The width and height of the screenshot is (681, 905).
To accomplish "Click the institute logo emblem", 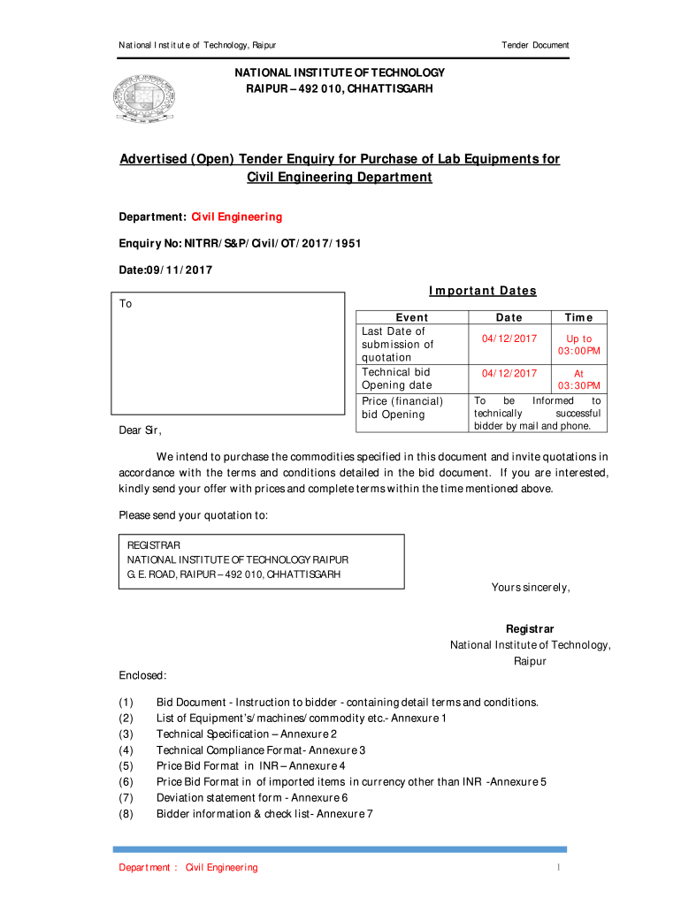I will tap(143, 97).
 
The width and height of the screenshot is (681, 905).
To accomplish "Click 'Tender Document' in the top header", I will tap(535, 45).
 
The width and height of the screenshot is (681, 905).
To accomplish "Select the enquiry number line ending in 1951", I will tap(240, 243).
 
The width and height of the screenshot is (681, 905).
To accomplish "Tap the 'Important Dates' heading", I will tap(482, 291).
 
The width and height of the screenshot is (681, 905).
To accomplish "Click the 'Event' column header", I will tap(411, 317).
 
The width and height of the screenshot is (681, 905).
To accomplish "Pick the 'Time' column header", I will tap(578, 317).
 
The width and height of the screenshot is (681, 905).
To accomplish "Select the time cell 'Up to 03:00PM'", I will tap(578, 345).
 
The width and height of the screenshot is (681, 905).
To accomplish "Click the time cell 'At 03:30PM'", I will tap(578, 379).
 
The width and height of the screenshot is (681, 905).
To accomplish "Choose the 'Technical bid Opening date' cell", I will tap(396, 378).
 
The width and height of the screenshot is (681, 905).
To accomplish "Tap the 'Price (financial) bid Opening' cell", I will tap(402, 407).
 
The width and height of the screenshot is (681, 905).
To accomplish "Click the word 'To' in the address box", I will tap(126, 304).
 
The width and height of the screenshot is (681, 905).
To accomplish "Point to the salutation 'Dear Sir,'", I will tap(141, 430).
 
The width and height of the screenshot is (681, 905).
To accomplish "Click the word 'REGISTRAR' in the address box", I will tap(154, 546).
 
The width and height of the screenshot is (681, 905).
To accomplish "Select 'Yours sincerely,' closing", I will tap(531, 588).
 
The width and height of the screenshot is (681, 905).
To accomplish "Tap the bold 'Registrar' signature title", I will tap(530, 629).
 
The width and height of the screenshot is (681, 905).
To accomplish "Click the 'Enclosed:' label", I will tap(142, 676).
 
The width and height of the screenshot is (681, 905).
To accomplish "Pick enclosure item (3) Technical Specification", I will tap(246, 734).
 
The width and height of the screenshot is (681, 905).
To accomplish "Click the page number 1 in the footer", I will tap(559, 868).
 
